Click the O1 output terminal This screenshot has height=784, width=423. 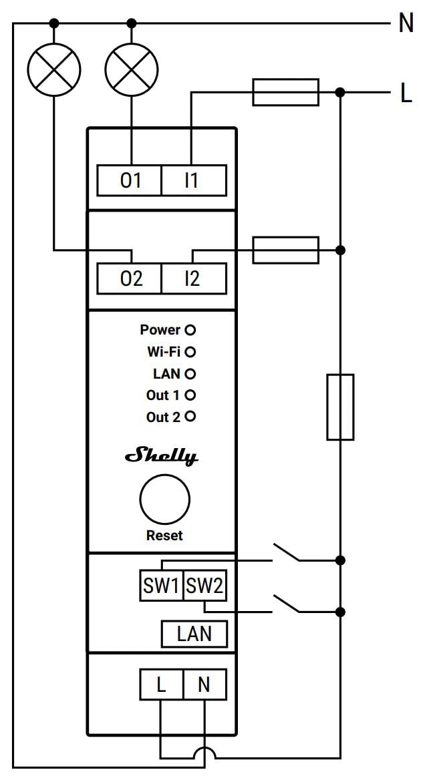coord(130,180)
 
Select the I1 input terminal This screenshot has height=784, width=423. coord(193,180)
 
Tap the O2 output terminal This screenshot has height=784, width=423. coord(130,278)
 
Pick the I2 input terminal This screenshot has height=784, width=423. coord(193,278)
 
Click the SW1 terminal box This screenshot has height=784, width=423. coord(161,586)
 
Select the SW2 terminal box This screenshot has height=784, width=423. coord(204,586)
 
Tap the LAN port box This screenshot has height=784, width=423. coord(194,634)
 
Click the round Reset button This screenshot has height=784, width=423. coord(164,499)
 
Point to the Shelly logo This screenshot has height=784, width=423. coord(162,457)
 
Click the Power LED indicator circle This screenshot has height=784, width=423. coord(190,330)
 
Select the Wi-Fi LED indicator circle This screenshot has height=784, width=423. coord(190,351)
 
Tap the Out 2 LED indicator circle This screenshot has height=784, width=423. coord(190,417)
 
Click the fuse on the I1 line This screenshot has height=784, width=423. coord(285,91)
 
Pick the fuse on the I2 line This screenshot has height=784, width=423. coord(285,250)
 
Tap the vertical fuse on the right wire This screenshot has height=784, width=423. coord(340,407)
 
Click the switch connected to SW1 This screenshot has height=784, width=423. coord(286,554)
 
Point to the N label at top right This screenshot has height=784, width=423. coord(406,24)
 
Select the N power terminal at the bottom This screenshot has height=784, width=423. coord(204,684)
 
